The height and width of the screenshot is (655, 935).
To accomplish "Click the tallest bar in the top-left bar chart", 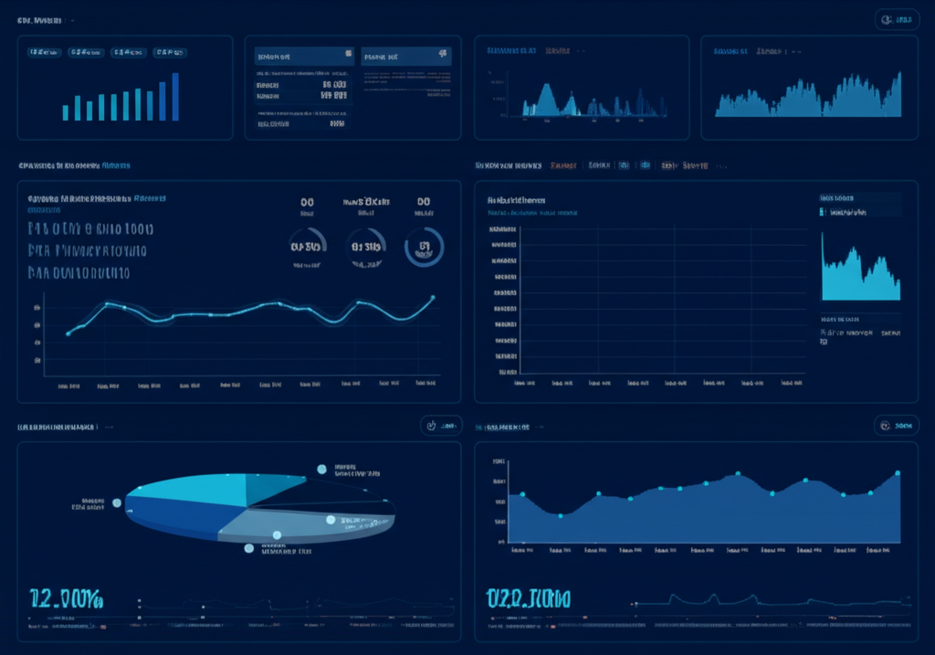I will (175, 97).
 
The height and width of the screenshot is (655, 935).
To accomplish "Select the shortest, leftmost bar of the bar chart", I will (66, 112).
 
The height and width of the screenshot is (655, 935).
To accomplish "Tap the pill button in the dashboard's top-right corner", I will (897, 19).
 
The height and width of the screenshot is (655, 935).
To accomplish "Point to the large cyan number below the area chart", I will (528, 599).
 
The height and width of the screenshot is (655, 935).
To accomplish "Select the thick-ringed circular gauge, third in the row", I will (424, 247).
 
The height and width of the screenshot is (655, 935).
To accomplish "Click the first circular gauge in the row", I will (307, 247).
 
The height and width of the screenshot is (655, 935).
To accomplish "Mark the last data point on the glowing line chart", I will (432, 298).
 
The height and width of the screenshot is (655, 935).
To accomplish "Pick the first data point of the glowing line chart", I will (68, 333).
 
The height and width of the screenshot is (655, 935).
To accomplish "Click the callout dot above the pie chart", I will (321, 469).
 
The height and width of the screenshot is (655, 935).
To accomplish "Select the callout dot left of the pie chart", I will (117, 502).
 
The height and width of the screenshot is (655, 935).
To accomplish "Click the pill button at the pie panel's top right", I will (441, 426).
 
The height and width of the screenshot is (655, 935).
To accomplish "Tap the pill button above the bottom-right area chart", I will (896, 426).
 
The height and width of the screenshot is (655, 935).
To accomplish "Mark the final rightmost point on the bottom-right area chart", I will (898, 473).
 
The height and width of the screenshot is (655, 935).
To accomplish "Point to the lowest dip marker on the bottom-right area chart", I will (561, 515).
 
